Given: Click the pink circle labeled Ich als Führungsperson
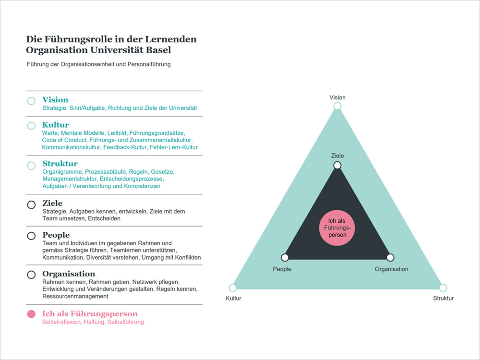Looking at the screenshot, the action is pyautogui.click(x=337, y=228).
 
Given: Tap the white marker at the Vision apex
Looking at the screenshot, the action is pyautogui.click(x=337, y=106).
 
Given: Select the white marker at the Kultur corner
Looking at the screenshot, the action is pyautogui.click(x=233, y=288).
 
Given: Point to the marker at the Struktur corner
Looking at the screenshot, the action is pyautogui.click(x=443, y=288).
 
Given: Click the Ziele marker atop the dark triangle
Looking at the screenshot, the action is pyautogui.click(x=337, y=165).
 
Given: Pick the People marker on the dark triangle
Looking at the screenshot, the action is pyautogui.click(x=285, y=257).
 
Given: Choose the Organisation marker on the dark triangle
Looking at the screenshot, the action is pyautogui.click(x=390, y=257).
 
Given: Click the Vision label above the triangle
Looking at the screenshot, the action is pyautogui.click(x=337, y=97).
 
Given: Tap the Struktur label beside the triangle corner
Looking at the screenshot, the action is pyautogui.click(x=443, y=298).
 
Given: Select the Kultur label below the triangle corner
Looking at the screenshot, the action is pyautogui.click(x=234, y=298).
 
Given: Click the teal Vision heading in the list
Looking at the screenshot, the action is pyautogui.click(x=55, y=100).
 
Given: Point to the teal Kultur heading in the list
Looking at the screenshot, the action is pyautogui.click(x=56, y=125).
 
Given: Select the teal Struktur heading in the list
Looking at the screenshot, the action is pyautogui.click(x=60, y=164).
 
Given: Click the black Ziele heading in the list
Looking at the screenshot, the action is pyautogui.click(x=52, y=203).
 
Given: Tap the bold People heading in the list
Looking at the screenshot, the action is pyautogui.click(x=56, y=235).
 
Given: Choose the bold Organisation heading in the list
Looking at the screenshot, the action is pyautogui.click(x=69, y=274).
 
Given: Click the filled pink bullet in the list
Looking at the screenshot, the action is pyautogui.click(x=31, y=314).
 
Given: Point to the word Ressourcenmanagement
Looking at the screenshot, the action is pyautogui.click(x=75, y=296).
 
